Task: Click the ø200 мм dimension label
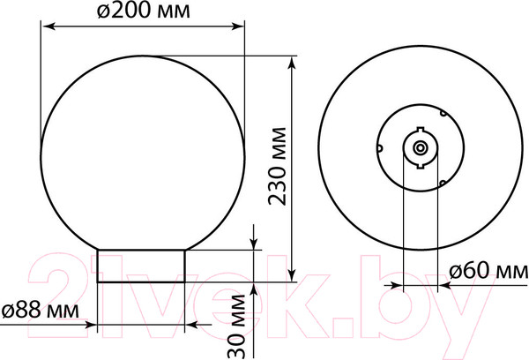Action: pos(144,11)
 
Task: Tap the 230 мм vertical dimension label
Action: pos(278,167)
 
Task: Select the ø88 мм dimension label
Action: pos(41,310)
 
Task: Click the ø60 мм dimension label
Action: pos(488,271)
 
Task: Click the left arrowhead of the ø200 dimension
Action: pos(48,26)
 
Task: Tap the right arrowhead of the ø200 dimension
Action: pos(238,26)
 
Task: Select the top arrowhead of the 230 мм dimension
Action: pos(293,63)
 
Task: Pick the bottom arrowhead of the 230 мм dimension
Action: pos(293,274)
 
